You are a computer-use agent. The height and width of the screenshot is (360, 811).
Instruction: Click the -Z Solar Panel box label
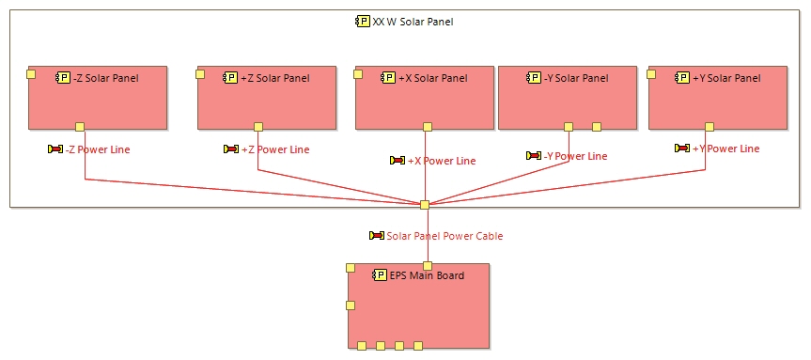coord(105,78)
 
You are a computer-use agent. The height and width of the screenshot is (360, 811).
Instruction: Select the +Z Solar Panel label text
coord(274,78)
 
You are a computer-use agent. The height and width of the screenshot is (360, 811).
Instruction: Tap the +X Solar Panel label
coord(432,78)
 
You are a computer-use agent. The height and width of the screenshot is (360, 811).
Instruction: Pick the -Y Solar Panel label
coord(575,78)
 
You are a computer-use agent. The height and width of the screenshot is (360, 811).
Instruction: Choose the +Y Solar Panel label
coord(725,78)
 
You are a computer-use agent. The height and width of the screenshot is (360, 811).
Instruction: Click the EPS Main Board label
coord(426,275)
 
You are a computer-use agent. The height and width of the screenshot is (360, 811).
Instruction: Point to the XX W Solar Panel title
coord(413,22)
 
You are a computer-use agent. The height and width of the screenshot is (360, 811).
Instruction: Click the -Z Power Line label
coord(98,149)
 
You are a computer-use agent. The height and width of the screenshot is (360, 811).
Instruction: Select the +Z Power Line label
coord(274,149)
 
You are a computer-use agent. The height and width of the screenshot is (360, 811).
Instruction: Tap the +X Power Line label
coord(441,161)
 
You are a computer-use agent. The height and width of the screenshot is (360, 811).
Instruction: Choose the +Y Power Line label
coord(725,149)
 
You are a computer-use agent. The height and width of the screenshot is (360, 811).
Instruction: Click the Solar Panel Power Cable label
coord(444,236)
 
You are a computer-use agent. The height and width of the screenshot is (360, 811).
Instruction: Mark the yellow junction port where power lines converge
coord(425,205)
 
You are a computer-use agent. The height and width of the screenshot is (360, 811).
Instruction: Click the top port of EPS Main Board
coord(428,266)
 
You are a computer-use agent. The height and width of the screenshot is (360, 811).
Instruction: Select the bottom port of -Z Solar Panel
coord(80,127)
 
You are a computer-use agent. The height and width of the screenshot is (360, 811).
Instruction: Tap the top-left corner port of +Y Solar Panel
coord(652,73)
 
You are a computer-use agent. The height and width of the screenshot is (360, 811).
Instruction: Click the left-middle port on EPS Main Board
coord(351,305)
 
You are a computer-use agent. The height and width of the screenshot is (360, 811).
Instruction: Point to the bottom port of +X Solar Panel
coord(429,127)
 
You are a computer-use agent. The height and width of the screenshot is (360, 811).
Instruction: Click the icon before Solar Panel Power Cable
coord(377,236)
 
